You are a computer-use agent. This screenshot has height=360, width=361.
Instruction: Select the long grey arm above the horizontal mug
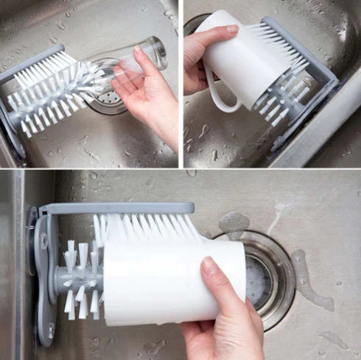click(118, 209)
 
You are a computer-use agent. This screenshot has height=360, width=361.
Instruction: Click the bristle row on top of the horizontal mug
click(147, 228)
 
